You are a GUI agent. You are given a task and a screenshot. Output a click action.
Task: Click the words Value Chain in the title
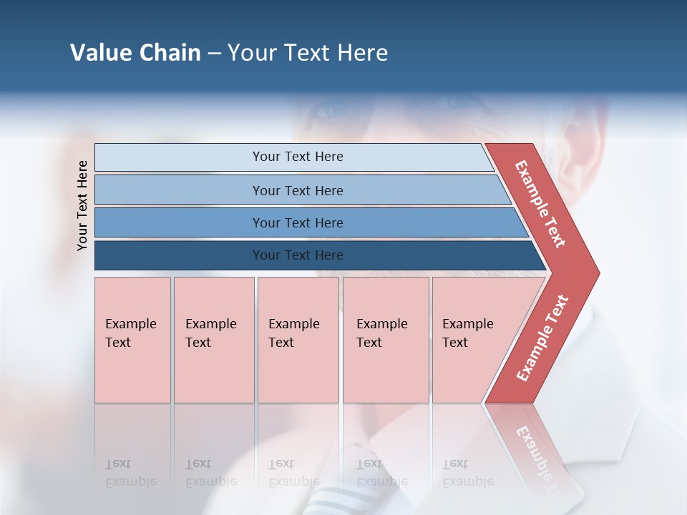point(135,53)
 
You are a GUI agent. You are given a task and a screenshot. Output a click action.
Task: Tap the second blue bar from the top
point(179,190)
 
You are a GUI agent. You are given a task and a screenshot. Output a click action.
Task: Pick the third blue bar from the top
point(179,222)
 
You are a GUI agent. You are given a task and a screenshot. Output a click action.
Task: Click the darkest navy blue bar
point(179,255)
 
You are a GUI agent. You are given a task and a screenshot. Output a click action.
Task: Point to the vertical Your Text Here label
point(82,205)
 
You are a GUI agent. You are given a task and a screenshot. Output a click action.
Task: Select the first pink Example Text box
point(132,340)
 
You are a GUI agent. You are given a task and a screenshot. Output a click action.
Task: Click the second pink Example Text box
point(214,340)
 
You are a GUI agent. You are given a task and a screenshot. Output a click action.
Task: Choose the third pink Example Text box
point(298,340)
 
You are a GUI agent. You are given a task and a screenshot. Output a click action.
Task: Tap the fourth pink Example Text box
point(386,340)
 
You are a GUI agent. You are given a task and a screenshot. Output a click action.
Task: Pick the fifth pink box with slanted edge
point(472,340)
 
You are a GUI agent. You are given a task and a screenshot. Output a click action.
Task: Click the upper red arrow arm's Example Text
point(540,204)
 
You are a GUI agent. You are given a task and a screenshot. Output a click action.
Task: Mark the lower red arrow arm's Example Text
point(542,338)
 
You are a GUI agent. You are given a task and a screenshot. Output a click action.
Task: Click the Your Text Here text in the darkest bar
point(298,255)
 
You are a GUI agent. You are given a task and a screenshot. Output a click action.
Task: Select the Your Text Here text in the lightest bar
point(298,157)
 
